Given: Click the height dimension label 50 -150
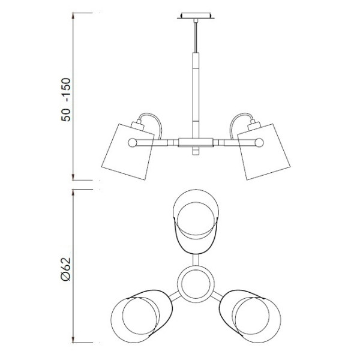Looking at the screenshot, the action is pyautogui.click(x=66, y=100).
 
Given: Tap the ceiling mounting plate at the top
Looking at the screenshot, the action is pyautogui.click(x=196, y=16).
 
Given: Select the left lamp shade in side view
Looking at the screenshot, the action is pyautogui.click(x=128, y=152).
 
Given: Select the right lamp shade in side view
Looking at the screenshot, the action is pyautogui.click(x=264, y=152).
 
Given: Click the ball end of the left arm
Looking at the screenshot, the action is pyautogui.click(x=132, y=143).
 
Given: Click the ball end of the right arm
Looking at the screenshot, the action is pyautogui.click(x=259, y=143).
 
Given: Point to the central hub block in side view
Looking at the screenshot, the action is pyautogui.click(x=196, y=142).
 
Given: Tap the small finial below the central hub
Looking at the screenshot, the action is pyautogui.click(x=196, y=151).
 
